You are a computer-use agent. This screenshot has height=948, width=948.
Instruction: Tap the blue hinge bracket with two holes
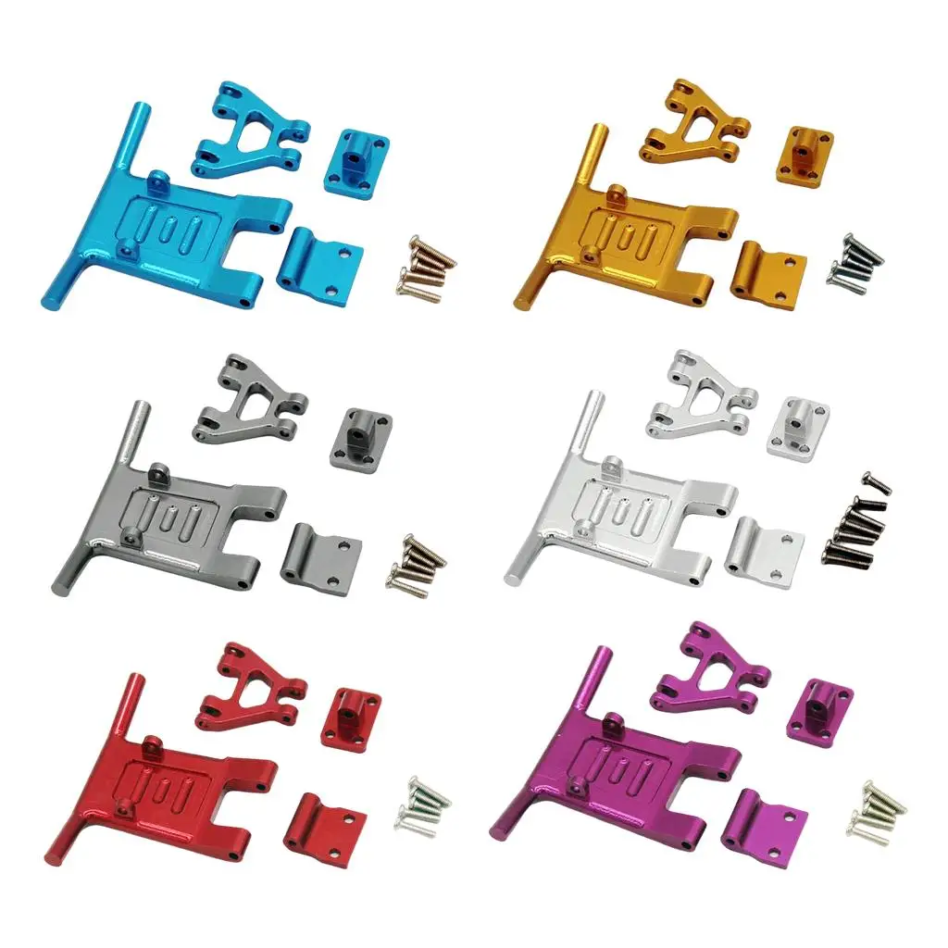pos(318,260)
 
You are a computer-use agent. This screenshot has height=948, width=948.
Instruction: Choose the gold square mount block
pos(805,155)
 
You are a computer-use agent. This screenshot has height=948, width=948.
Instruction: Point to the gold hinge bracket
pos(767,276)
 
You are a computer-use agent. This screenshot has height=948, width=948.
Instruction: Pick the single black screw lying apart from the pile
pos(876,481)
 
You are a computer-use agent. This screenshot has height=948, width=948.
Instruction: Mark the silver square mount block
pos(797,425)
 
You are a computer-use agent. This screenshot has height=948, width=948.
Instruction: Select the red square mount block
pos(350,718)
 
